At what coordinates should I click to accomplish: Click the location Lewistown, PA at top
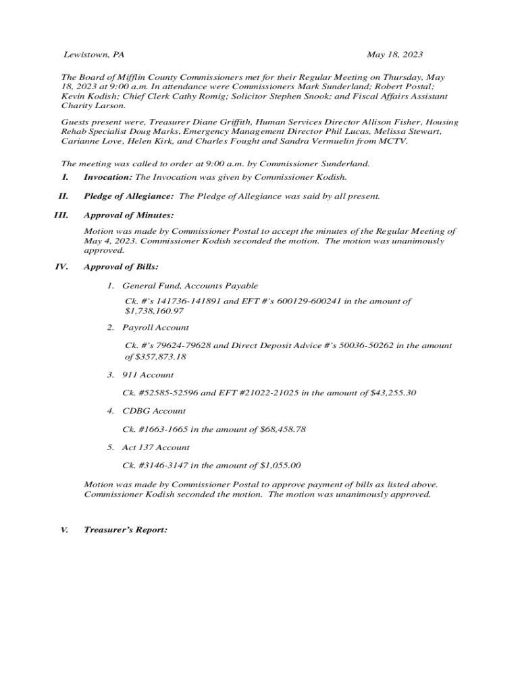click(x=94, y=54)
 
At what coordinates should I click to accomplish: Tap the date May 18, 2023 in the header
click(x=395, y=54)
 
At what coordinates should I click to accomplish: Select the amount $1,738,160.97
click(x=154, y=312)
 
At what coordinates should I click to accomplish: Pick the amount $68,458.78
click(x=283, y=429)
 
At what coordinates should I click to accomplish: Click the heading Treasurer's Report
click(x=125, y=530)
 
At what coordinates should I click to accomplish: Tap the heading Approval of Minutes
click(x=128, y=216)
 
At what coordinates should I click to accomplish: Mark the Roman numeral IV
click(x=61, y=267)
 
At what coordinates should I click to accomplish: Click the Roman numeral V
click(x=64, y=530)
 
